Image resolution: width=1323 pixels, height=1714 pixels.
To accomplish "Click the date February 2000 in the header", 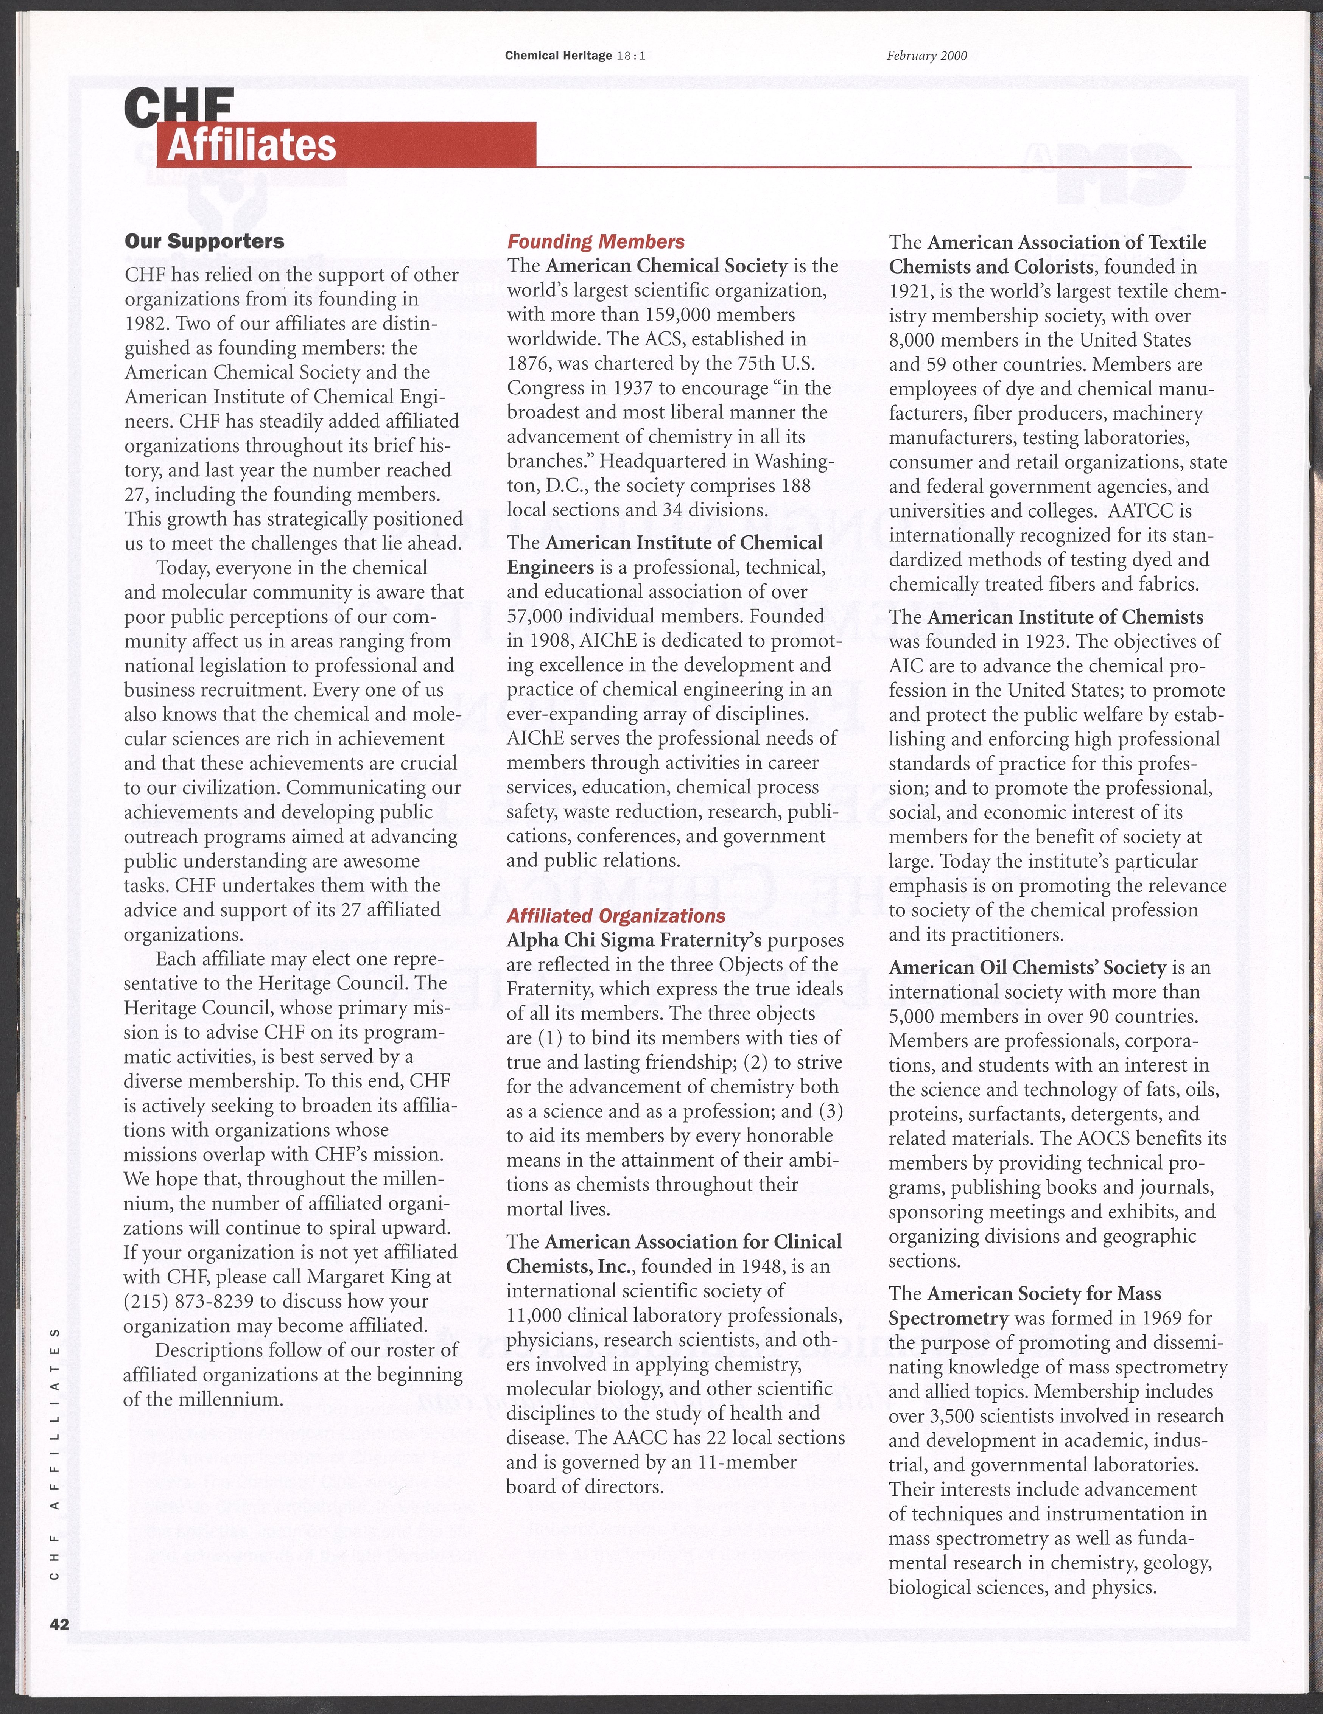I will coord(926,56).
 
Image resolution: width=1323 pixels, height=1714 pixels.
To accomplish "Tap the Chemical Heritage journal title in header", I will coord(558,56).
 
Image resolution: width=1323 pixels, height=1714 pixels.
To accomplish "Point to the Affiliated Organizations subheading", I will coord(616,916).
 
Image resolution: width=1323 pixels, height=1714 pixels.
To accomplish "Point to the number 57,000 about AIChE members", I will coord(543,616).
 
